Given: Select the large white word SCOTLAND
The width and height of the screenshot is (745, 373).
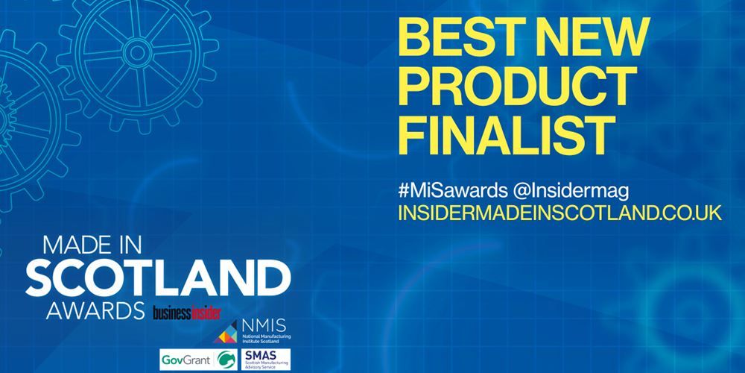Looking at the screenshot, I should click(157, 278).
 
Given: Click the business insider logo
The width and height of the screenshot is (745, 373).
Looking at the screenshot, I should click(187, 312).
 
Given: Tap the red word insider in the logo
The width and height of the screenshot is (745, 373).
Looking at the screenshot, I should click(203, 312).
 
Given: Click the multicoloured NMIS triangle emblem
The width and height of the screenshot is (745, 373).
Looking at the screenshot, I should click(225, 333).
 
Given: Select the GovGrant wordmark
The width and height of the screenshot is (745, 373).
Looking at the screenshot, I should click(184, 360).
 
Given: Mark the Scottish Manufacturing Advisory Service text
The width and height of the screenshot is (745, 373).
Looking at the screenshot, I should click(261, 365).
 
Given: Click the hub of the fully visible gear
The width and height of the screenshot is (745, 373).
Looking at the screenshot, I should click(137, 53).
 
